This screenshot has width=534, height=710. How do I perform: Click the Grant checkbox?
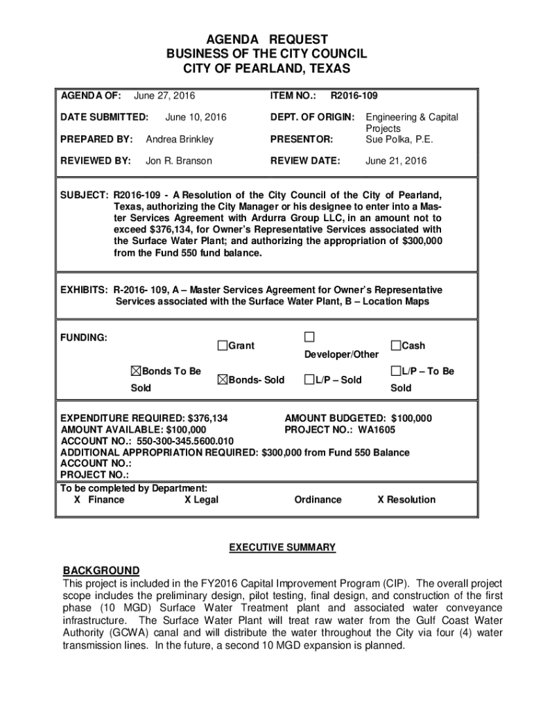coord(222,345)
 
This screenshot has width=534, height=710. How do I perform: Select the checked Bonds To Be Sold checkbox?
coord(136,372)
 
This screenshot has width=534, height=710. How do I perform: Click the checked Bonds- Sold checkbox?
coord(222,380)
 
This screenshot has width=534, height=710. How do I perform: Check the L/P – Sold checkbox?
coord(309,380)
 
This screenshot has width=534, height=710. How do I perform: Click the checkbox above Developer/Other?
coord(309,337)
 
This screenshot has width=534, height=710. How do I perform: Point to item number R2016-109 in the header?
coord(354,95)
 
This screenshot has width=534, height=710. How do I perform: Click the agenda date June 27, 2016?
coord(164,95)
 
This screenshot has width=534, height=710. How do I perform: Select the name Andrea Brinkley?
coord(180,139)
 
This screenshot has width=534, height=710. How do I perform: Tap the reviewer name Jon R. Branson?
coord(179,161)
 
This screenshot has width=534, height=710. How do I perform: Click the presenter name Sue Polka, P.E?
coord(399,139)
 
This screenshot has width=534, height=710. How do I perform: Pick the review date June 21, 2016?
coord(397,161)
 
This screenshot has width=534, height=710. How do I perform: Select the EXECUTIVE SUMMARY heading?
coord(282,548)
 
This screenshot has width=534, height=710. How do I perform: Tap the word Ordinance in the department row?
coord(318,500)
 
